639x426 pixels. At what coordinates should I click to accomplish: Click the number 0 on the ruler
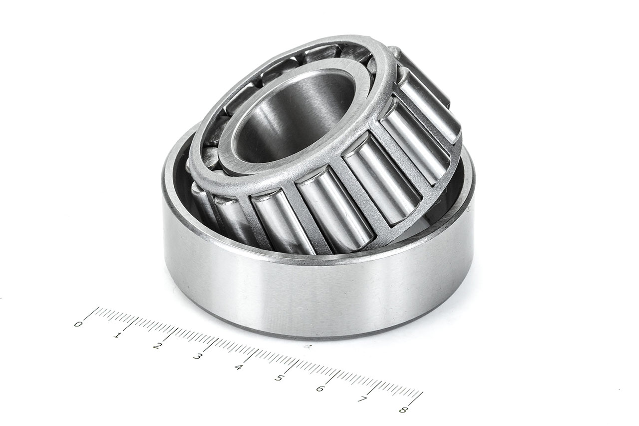(x=78, y=324)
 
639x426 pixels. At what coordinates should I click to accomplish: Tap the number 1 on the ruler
(x=117, y=335)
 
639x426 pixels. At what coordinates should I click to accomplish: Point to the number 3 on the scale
(x=198, y=356)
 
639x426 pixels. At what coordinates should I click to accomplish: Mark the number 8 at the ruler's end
(x=402, y=410)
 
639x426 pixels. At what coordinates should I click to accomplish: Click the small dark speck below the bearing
(x=308, y=346)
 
